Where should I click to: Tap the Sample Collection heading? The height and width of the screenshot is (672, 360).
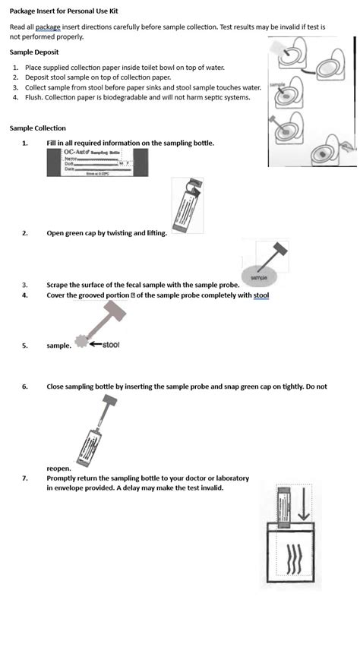coord(38,128)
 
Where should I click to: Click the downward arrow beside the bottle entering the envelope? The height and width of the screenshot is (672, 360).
coord(304,506)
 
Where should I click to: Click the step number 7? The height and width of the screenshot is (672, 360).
coord(24,478)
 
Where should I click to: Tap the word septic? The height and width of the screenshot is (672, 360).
coord(215,97)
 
